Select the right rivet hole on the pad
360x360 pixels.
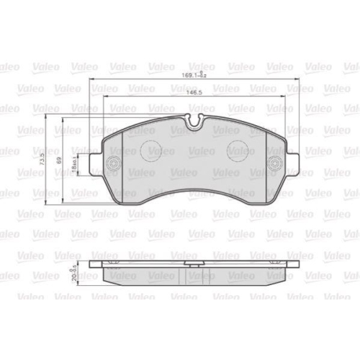click(x=274, y=163)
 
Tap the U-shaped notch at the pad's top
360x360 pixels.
click(x=192, y=123)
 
